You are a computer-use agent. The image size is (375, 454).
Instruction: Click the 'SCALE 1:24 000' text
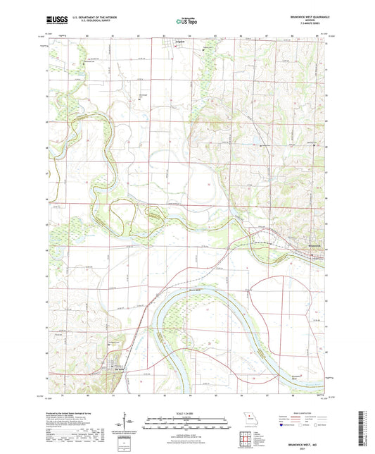click(x=186, y=412)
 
